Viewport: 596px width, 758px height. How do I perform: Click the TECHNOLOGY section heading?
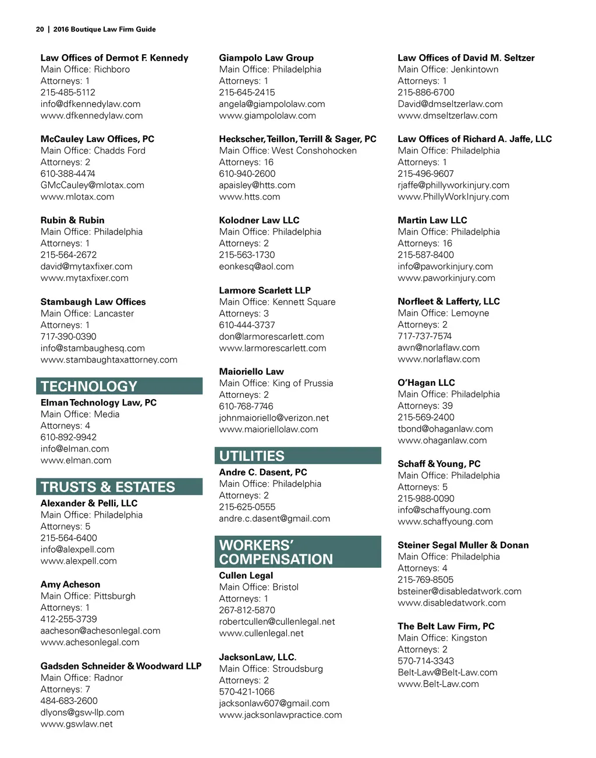(x=89, y=386)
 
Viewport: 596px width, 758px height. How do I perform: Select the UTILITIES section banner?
(x=251, y=456)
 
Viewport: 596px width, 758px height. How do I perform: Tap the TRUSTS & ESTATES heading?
(x=108, y=487)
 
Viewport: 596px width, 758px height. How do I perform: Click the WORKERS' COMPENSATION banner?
(x=276, y=552)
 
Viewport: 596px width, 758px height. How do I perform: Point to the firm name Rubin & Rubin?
(x=72, y=220)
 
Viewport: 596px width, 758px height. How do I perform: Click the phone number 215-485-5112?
(x=68, y=92)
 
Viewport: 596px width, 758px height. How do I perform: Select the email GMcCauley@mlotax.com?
(x=92, y=185)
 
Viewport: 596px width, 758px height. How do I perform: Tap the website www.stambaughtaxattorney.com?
(x=109, y=360)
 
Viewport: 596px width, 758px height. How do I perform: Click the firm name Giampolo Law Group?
(x=266, y=58)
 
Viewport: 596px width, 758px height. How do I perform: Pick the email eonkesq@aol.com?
(x=256, y=266)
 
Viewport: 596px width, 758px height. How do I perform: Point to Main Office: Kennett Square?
(x=277, y=302)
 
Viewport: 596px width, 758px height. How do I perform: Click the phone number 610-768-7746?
(x=246, y=406)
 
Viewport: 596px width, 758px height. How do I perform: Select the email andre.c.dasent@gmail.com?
(x=274, y=518)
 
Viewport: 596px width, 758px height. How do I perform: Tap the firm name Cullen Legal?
(x=246, y=575)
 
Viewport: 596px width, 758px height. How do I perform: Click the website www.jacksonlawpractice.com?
(x=280, y=715)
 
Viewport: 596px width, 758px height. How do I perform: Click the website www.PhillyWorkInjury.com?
(x=453, y=197)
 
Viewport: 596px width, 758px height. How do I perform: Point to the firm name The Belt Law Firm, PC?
(x=446, y=626)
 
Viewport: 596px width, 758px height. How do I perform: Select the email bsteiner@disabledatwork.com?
(x=459, y=591)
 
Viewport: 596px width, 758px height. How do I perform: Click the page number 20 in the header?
(x=40, y=29)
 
